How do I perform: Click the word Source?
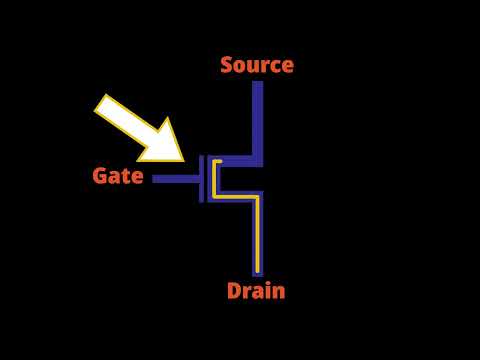click(257, 65)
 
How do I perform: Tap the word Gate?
click(118, 176)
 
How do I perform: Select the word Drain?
click(256, 291)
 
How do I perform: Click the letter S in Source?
click(227, 65)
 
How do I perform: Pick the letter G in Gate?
click(100, 176)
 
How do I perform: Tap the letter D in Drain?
click(234, 291)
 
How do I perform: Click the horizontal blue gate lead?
click(176, 179)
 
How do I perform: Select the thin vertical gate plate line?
click(201, 179)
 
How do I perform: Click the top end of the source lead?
click(258, 84)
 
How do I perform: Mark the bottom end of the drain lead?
click(258, 272)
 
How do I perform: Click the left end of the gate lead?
click(155, 179)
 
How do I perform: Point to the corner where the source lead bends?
click(258, 161)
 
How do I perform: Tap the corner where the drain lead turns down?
click(258, 196)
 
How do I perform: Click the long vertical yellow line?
click(256, 235)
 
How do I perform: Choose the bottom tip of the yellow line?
click(256, 270)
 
